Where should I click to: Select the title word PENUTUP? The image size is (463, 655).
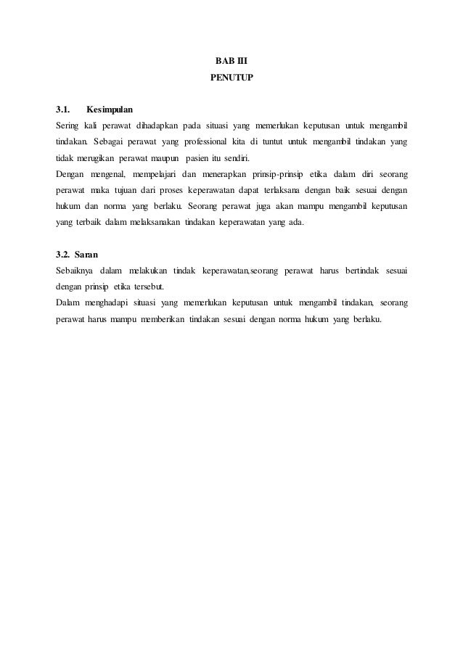click(231, 75)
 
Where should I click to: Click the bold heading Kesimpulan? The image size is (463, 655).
click(110, 110)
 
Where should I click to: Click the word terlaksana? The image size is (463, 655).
click(301, 190)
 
